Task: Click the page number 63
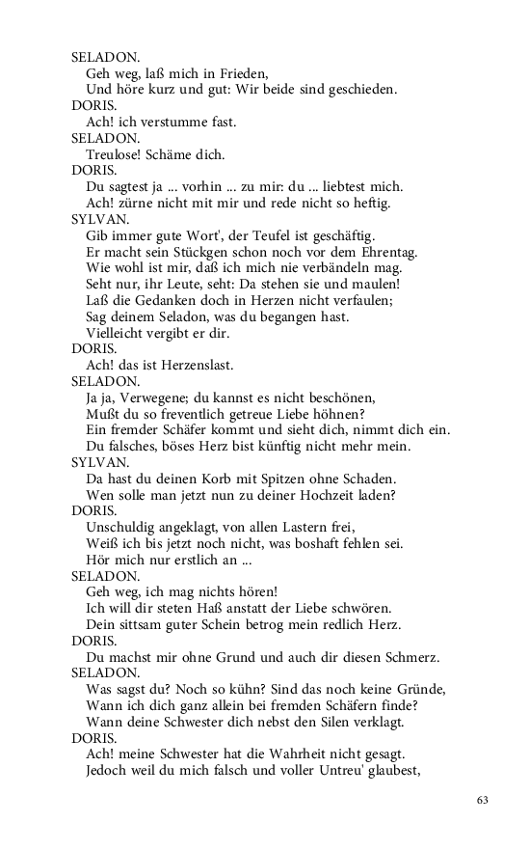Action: click(x=484, y=800)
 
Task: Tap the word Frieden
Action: click(x=238, y=72)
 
